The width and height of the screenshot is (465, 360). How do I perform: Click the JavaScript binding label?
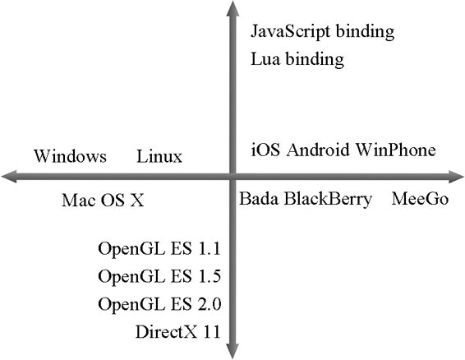tap(322, 32)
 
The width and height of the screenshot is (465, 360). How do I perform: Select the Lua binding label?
tap(297, 59)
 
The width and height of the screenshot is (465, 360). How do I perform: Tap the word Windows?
tap(70, 156)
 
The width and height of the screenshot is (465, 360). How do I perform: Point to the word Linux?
tap(159, 156)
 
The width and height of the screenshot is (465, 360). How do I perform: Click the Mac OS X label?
tap(103, 200)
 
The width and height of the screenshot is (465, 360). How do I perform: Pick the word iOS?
tap(265, 150)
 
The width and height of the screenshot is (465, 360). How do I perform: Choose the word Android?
tap(318, 150)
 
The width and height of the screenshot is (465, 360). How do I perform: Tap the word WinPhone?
tap(396, 150)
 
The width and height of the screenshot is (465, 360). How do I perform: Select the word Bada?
tap(259, 199)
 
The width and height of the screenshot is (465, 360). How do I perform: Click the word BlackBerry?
tap(328, 200)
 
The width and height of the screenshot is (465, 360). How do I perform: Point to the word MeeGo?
tap(420, 199)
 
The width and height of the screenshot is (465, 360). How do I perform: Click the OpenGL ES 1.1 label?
tap(159, 249)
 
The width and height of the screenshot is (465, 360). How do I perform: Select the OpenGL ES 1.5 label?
tap(159, 277)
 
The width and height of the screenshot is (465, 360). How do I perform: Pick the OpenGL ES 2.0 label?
tap(159, 304)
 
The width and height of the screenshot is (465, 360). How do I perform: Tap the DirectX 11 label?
tap(178, 332)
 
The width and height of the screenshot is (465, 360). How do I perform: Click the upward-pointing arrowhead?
tap(232, 8)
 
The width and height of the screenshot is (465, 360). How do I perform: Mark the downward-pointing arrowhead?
tap(232, 351)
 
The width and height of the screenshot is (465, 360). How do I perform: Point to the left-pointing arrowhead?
tap(9, 177)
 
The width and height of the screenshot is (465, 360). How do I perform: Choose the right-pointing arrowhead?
tap(457, 177)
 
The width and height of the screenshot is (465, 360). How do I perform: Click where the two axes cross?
tap(232, 177)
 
